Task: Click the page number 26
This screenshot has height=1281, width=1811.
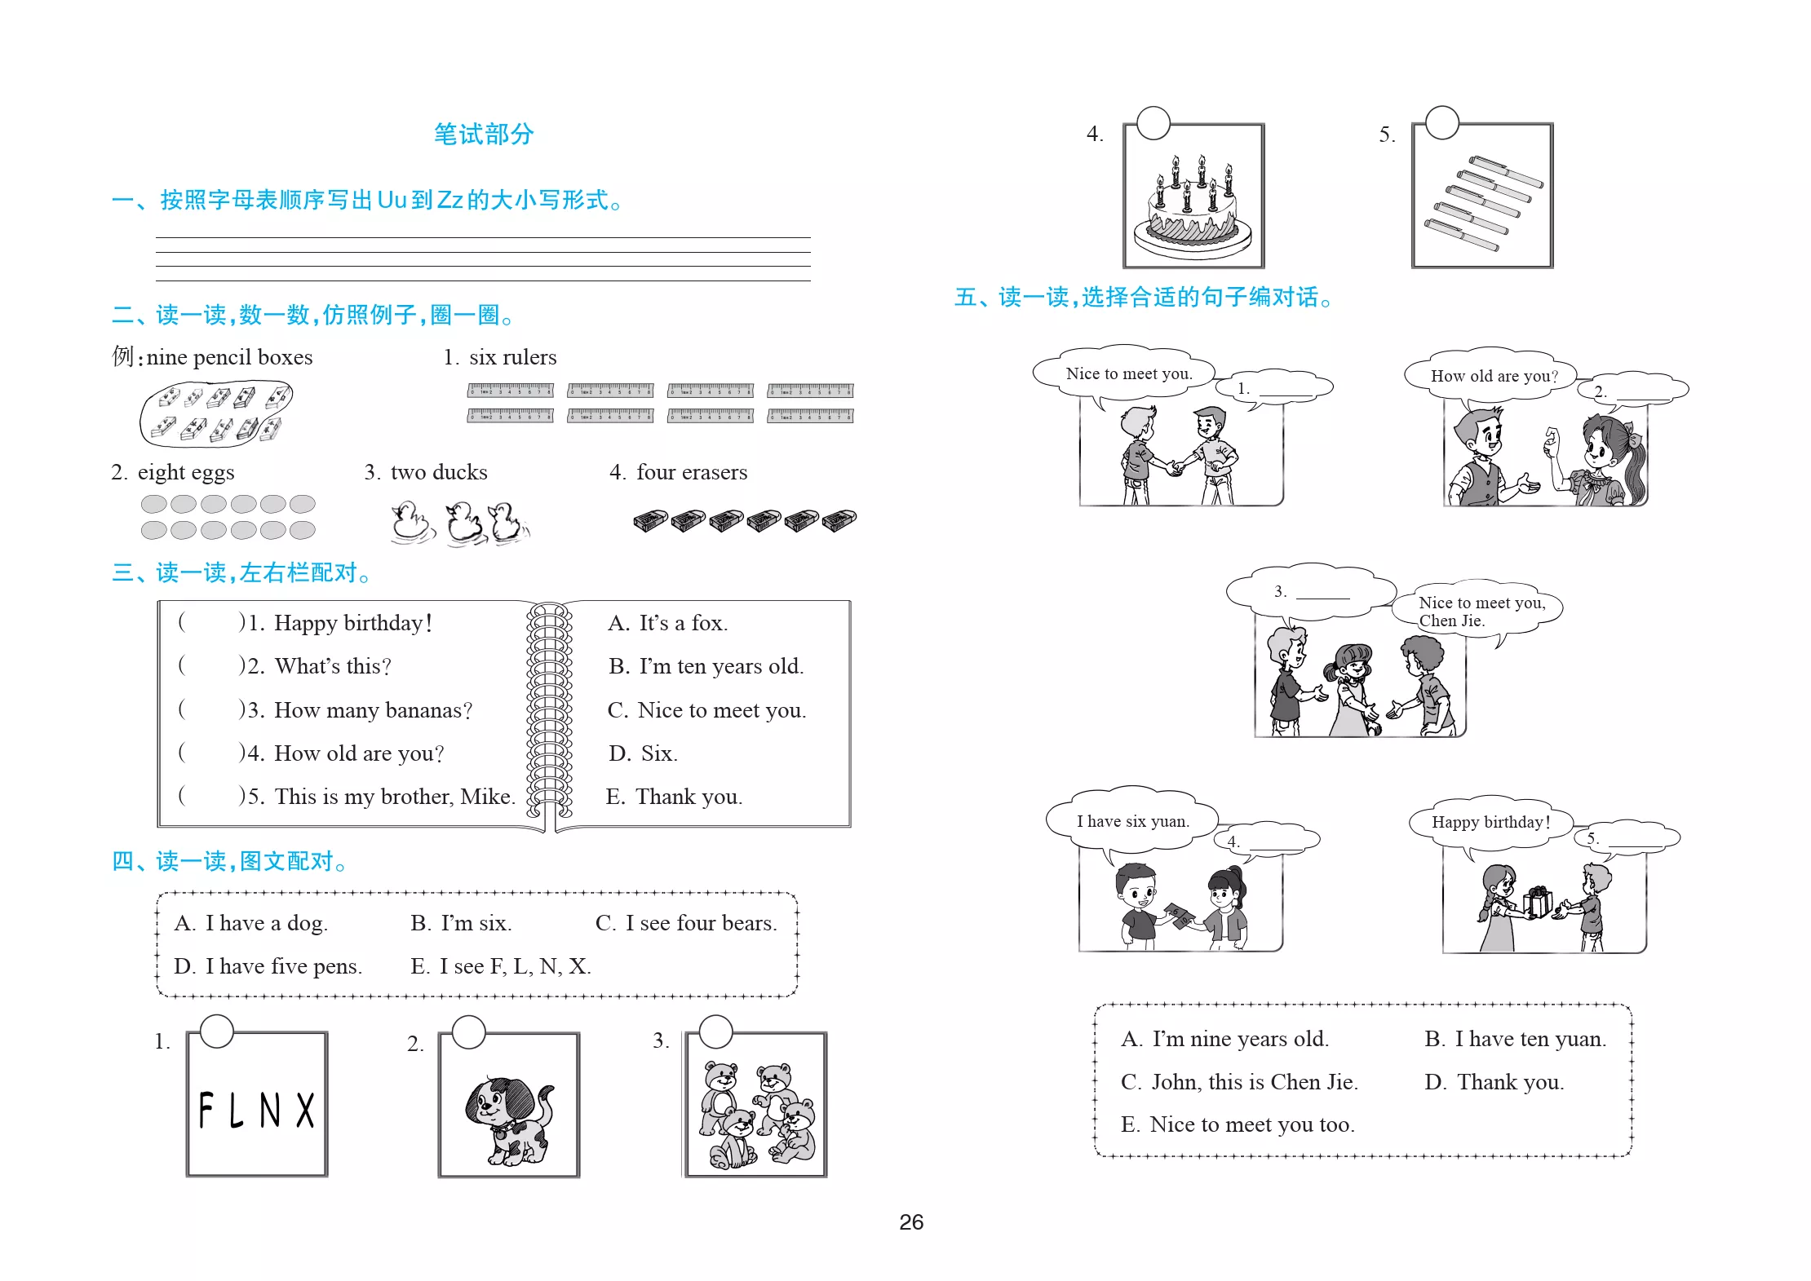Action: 911,1221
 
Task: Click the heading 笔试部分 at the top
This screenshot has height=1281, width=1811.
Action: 484,134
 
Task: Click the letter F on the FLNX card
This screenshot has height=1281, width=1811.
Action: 206,1110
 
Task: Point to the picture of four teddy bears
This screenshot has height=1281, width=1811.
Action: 757,1114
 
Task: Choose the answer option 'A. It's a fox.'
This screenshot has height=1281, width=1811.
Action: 667,623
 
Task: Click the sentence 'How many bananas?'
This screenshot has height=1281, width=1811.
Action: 373,710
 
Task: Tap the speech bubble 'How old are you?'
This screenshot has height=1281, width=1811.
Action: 1493,376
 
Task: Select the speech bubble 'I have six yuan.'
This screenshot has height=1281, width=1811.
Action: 1132,820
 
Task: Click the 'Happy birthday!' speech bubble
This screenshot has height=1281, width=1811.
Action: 1490,822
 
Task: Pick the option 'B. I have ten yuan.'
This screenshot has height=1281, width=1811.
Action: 1515,1039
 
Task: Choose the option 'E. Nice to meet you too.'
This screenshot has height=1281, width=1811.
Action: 1238,1124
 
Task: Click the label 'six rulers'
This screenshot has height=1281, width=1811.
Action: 512,357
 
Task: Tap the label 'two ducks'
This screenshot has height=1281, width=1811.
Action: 439,472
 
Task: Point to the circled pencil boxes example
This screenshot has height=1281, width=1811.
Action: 216,414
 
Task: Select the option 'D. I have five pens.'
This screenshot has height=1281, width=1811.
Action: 268,966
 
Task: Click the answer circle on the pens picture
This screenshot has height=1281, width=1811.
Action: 1441,122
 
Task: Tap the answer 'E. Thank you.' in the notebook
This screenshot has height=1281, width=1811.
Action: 674,797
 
